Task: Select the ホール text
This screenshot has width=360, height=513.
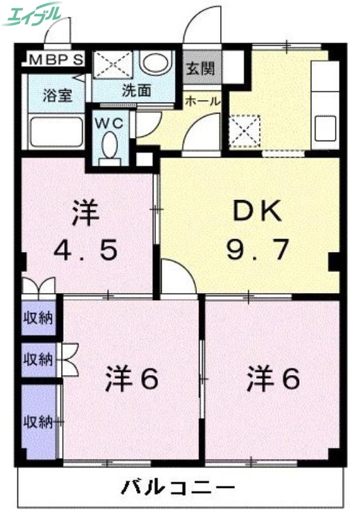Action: pyautogui.click(x=203, y=101)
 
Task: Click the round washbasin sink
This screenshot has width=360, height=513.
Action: pyautogui.click(x=155, y=63)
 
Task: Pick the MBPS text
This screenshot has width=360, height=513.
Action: pyautogui.click(x=55, y=61)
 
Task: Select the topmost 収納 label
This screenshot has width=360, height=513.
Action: pyautogui.click(x=39, y=317)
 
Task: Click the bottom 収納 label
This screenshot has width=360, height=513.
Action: pyautogui.click(x=39, y=421)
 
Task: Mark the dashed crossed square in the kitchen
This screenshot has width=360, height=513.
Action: pyautogui.click(x=244, y=130)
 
